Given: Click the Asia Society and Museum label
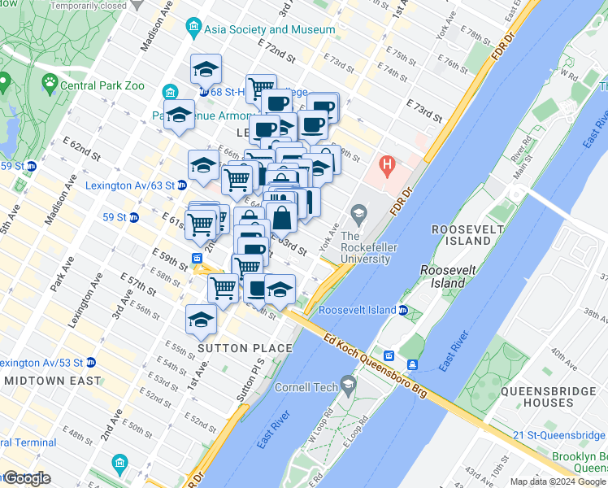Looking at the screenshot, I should pyautogui.click(x=270, y=30).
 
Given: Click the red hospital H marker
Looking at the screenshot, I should pyautogui.click(x=388, y=169).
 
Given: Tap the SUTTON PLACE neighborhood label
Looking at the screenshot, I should pyautogui.click(x=245, y=349).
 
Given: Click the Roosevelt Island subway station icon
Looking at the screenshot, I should pyautogui.click(x=403, y=310).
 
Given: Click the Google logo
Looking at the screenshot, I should pyautogui.click(x=26, y=478).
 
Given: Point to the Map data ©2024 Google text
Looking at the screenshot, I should pyautogui.click(x=557, y=481).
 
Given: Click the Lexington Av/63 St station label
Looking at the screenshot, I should pyautogui.click(x=128, y=185).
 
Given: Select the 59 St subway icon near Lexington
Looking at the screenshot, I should pyautogui.click(x=134, y=217).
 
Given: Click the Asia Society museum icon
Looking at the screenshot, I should pyautogui.click(x=193, y=30).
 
